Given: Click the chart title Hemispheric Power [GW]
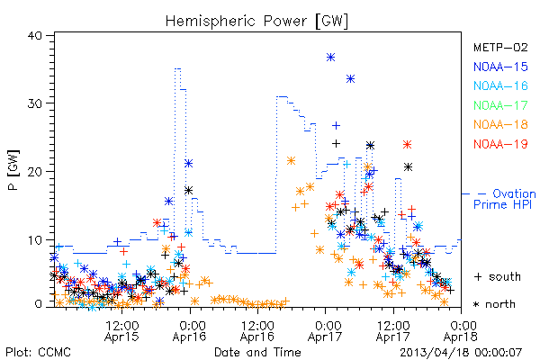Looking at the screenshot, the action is click(x=256, y=22).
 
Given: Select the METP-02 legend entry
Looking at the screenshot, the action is click(x=500, y=47).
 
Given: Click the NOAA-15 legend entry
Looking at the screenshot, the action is click(x=500, y=67).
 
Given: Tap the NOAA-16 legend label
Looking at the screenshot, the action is click(x=500, y=85).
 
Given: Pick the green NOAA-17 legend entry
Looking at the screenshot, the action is click(x=500, y=105).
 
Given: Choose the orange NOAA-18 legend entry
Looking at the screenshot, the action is click(x=500, y=124).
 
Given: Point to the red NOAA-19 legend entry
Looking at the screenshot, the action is click(x=500, y=144).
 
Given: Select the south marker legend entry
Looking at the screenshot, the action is click(x=498, y=276).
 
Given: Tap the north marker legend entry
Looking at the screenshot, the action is click(x=494, y=304).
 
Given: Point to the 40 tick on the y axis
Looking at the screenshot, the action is click(x=34, y=35).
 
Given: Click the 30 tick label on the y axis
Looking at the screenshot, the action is click(x=34, y=103).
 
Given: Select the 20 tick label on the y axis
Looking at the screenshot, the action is click(x=34, y=172).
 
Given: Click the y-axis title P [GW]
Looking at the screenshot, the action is click(x=13, y=170).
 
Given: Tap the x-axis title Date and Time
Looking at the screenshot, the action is click(x=257, y=352).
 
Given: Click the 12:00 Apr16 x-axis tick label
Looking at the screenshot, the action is click(x=257, y=331).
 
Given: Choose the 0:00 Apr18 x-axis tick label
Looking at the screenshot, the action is click(x=461, y=331).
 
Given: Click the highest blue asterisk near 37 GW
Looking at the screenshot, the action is click(x=330, y=58).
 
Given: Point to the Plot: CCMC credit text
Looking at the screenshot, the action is click(x=38, y=352).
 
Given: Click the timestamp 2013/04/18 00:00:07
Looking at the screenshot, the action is click(x=461, y=353).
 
